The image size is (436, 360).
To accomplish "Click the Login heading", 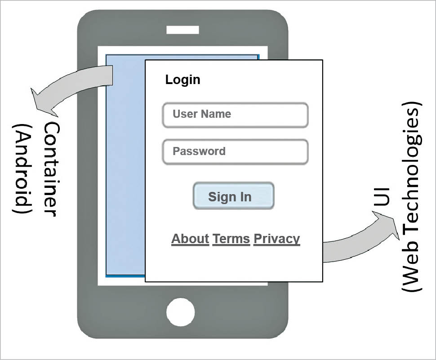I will tap(182, 80).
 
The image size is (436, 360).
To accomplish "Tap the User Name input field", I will tap(235, 115).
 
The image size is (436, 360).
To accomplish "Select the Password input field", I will tap(235, 152).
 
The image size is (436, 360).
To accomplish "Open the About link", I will tap(190, 239).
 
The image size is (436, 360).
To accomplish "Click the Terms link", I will tap(231, 239).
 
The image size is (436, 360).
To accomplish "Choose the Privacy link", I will tap(276, 239).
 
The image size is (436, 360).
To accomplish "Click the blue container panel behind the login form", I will tap(125, 180).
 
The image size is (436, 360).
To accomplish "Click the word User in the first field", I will tap(184, 114).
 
